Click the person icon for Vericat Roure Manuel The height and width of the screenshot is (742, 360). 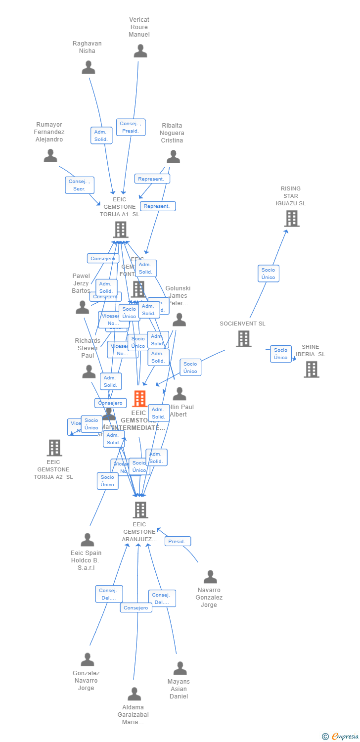(140, 51)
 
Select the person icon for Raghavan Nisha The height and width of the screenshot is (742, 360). (89, 67)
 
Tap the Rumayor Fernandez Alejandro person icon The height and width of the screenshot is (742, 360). (50, 156)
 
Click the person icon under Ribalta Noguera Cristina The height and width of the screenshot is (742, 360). (173, 157)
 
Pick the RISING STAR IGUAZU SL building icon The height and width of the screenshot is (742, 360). (292, 219)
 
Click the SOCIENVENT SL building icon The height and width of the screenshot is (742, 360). (243, 339)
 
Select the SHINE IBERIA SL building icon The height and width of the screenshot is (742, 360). (311, 369)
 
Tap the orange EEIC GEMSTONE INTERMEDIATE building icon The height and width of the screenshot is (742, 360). (140, 399)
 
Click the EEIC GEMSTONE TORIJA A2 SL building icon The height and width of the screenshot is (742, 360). (54, 448)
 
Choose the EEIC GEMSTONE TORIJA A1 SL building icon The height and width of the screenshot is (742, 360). (121, 230)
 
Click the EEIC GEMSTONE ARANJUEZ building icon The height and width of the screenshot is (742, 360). (140, 510)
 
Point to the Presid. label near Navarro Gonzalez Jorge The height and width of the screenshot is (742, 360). (177, 541)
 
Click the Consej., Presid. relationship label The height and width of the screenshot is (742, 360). (131, 127)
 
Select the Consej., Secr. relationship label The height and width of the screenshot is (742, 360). (80, 185)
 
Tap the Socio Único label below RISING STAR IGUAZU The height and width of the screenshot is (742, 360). (268, 274)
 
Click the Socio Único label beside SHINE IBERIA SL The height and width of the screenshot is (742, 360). (280, 354)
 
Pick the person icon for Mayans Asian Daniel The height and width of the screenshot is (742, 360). (180, 668)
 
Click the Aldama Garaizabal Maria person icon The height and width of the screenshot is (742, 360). (134, 694)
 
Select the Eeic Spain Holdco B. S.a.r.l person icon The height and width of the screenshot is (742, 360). (88, 540)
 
